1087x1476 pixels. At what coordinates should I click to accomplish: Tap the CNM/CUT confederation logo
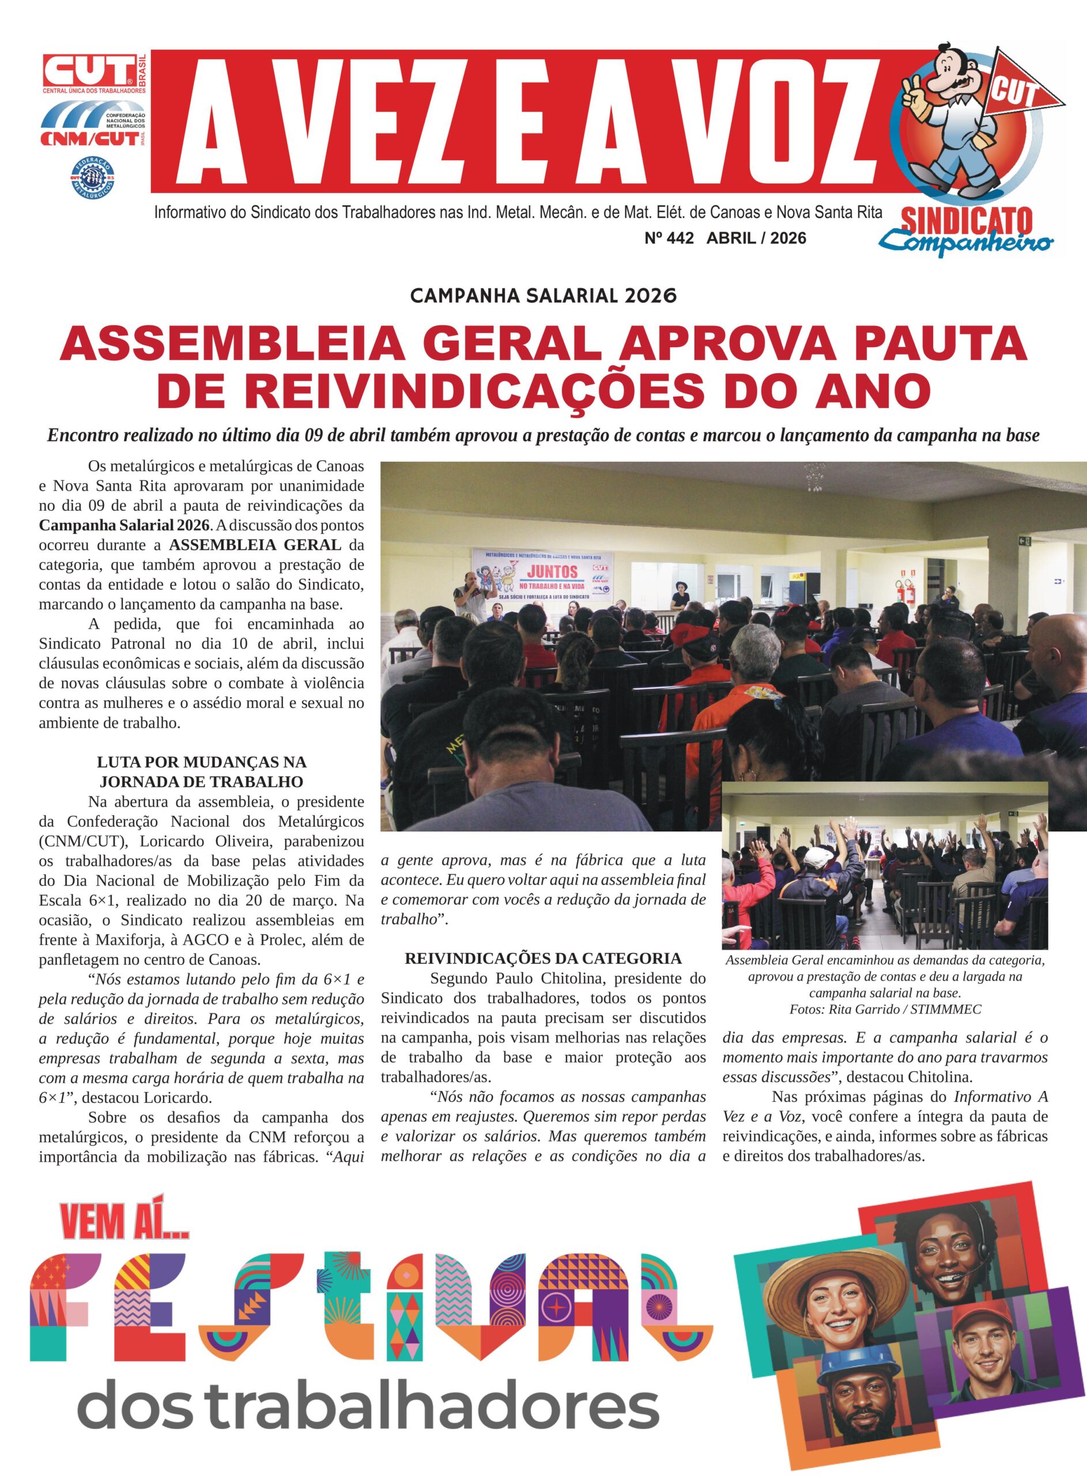pos(94,127)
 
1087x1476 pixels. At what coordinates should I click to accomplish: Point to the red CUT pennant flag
pos(1024,88)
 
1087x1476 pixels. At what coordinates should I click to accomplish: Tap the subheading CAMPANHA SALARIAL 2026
pos(543,295)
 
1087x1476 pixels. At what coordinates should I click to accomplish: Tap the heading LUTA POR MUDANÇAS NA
pos(201,762)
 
